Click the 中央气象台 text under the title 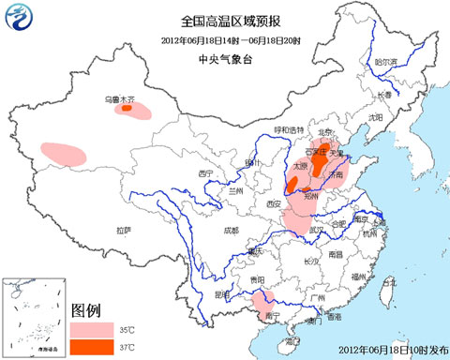click(x=224, y=57)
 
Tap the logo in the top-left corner click(x=18, y=18)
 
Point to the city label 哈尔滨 click(x=386, y=62)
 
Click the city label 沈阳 click(x=376, y=117)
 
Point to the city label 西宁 click(x=206, y=174)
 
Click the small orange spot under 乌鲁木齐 click(x=126, y=109)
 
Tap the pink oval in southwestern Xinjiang click(x=62, y=152)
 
